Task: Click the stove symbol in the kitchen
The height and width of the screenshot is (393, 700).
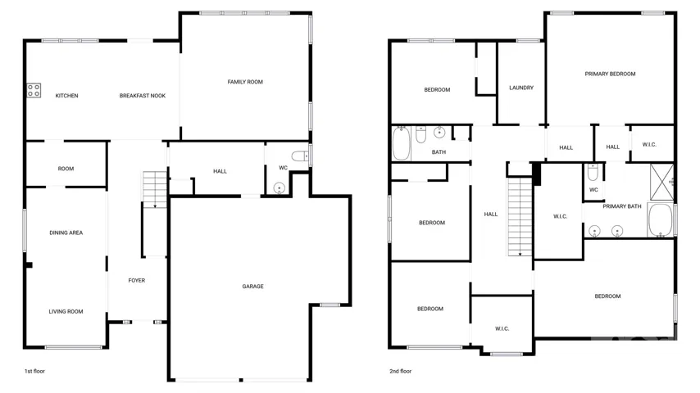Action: [x=34, y=91]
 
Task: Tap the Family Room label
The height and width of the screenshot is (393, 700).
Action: [x=245, y=82]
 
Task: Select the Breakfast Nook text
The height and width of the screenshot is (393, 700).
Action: [x=143, y=96]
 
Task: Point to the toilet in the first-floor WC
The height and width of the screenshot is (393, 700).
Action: [x=300, y=156]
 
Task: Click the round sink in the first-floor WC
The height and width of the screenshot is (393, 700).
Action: [x=280, y=188]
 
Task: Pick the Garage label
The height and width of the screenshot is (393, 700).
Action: [x=252, y=287]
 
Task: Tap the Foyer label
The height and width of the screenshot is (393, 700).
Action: [x=137, y=281]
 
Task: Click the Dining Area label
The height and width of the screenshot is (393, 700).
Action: [x=66, y=233]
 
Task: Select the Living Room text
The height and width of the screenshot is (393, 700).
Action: [x=66, y=311]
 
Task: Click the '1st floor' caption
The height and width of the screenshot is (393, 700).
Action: [x=34, y=371]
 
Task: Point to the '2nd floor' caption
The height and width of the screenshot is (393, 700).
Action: [x=401, y=371]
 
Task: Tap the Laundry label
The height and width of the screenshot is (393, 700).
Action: [x=521, y=88]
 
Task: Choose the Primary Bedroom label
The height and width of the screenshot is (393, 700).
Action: [x=611, y=74]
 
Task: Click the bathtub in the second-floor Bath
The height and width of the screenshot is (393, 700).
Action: [x=402, y=143]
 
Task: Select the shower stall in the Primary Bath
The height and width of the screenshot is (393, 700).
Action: [x=661, y=182]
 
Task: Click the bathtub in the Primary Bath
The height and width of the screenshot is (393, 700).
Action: [x=661, y=220]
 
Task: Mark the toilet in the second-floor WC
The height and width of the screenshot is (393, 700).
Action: [x=593, y=172]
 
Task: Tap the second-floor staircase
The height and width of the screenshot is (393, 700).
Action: [x=520, y=217]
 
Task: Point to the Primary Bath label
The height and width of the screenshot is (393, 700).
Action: [x=622, y=206]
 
